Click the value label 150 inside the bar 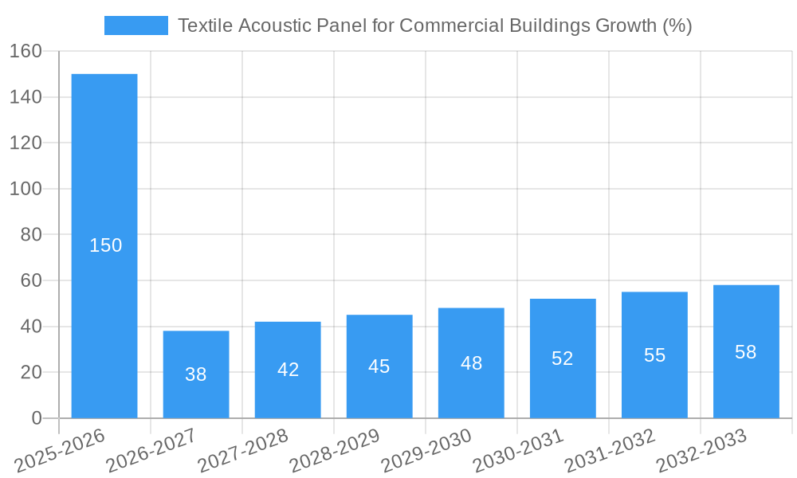[105, 245]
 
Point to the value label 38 [196, 374]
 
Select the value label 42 [288, 370]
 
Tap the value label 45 [379, 366]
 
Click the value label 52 [563, 358]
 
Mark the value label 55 [654, 355]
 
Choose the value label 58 [746, 352]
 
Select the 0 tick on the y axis [36, 418]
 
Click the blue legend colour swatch [136, 25]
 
